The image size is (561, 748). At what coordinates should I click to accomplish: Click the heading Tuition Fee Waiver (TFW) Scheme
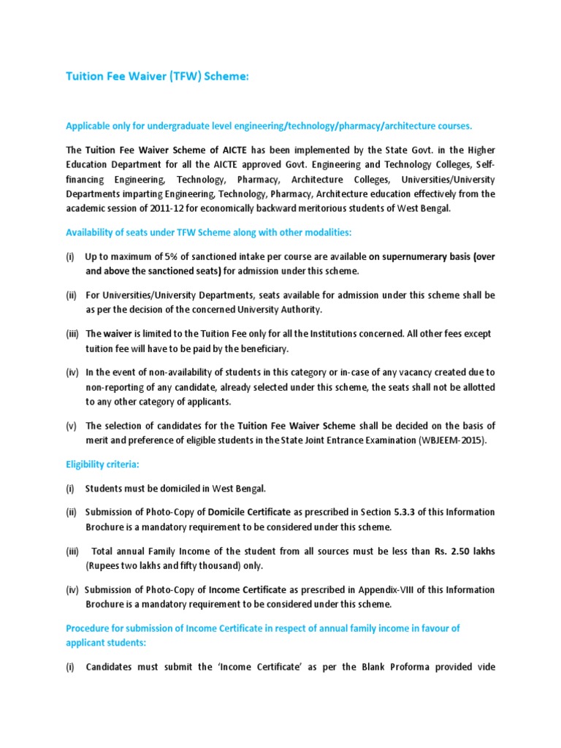click(158, 77)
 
